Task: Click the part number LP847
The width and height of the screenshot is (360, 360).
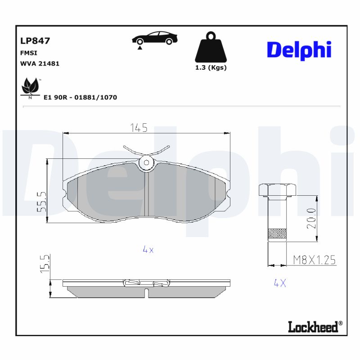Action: [x=35, y=41]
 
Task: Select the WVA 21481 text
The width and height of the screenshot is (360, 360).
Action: [x=40, y=63]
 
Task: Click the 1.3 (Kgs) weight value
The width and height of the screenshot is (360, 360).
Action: [x=210, y=67]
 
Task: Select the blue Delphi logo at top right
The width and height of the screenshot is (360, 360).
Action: [x=299, y=49]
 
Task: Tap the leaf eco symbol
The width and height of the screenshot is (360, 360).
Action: [x=31, y=87]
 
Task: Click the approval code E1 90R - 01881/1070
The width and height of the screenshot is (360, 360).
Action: [x=80, y=97]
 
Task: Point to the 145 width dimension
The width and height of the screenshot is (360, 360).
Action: [x=139, y=128]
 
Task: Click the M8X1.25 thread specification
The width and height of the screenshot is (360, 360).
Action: [x=315, y=260]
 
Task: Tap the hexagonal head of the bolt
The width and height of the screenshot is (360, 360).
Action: [x=277, y=190]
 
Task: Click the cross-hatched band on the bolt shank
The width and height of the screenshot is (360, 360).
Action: [x=277, y=234]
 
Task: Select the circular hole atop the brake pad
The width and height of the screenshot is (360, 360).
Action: [x=146, y=163]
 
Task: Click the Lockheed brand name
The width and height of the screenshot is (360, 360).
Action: [x=313, y=327]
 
